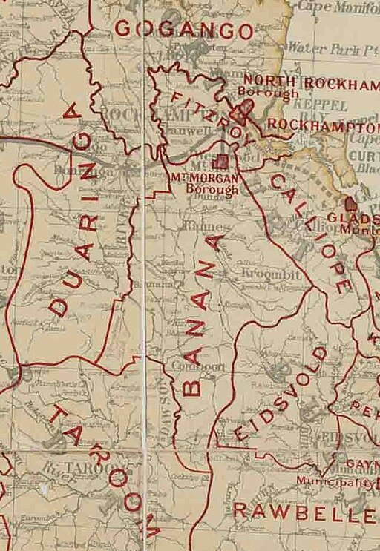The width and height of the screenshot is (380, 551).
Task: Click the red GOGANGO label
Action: point(185,30)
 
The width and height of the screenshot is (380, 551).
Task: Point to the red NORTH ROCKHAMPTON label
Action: point(311,82)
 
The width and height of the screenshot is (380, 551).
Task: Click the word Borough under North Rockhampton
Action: point(268,94)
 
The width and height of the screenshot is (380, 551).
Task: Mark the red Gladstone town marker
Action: point(350,202)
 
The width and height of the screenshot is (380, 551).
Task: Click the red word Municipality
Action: point(335,481)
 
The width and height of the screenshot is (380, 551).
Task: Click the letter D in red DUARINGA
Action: point(60,306)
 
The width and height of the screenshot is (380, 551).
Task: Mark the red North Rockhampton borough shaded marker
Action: point(243,112)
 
